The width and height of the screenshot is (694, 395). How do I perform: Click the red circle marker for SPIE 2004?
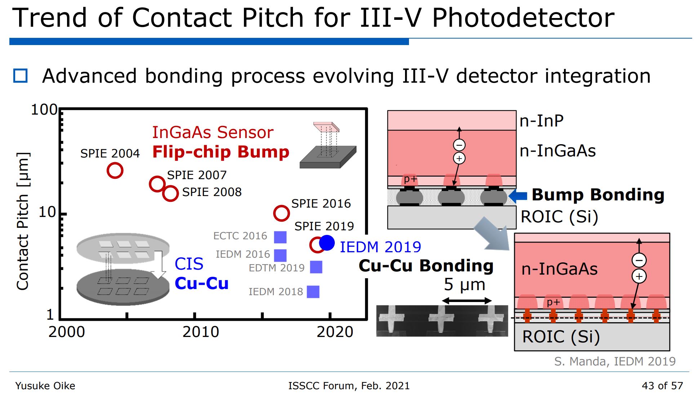[x=115, y=170]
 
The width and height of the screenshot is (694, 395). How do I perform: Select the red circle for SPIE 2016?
[x=281, y=213]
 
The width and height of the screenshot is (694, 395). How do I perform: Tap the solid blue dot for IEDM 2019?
[x=327, y=243]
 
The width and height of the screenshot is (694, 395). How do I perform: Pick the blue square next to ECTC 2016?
[x=280, y=237]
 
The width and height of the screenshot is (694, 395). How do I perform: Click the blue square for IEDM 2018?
[x=313, y=292]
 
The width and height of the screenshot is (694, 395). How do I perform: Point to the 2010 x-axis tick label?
[x=201, y=332]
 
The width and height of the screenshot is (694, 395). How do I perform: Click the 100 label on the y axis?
[x=44, y=110]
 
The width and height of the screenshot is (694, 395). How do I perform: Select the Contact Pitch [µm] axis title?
[x=23, y=221]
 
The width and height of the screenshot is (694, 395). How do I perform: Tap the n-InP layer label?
[x=542, y=121]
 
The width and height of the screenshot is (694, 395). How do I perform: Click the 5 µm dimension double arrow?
[x=467, y=301]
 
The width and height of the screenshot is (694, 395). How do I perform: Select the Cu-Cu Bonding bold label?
[x=426, y=266]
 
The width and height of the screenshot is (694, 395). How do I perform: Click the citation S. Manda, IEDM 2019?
[x=615, y=361]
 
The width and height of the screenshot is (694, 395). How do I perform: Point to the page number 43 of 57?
[x=662, y=386]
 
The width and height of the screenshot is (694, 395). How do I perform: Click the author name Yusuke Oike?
[x=45, y=386]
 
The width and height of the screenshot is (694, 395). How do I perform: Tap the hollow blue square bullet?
[x=20, y=76]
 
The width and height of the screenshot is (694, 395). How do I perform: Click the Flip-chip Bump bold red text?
[x=221, y=152]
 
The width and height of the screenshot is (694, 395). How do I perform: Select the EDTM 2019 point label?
[x=276, y=268]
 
